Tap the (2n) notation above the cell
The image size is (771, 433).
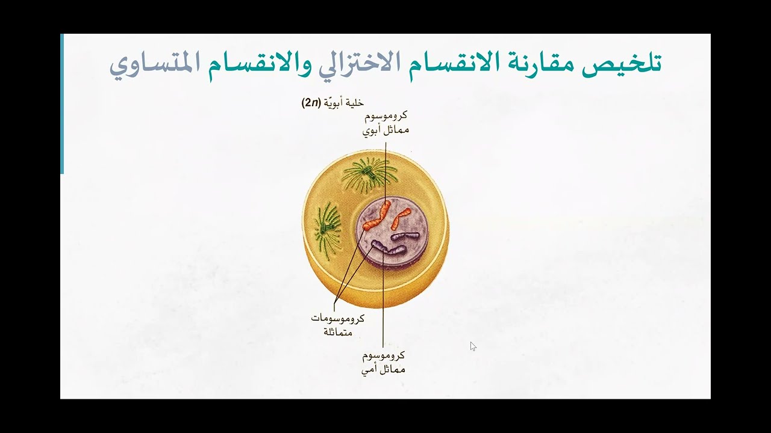click(311, 103)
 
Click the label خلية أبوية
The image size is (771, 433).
click(345, 103)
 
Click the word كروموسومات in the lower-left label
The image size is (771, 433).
click(337, 318)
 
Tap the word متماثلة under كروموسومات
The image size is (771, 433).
click(338, 331)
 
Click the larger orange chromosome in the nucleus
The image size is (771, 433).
click(378, 216)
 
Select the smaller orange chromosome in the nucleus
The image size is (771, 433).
click(400, 218)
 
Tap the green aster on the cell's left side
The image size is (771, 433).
click(327, 228)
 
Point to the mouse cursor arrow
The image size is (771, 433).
click(473, 346)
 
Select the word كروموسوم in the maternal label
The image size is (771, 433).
click(384, 355)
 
